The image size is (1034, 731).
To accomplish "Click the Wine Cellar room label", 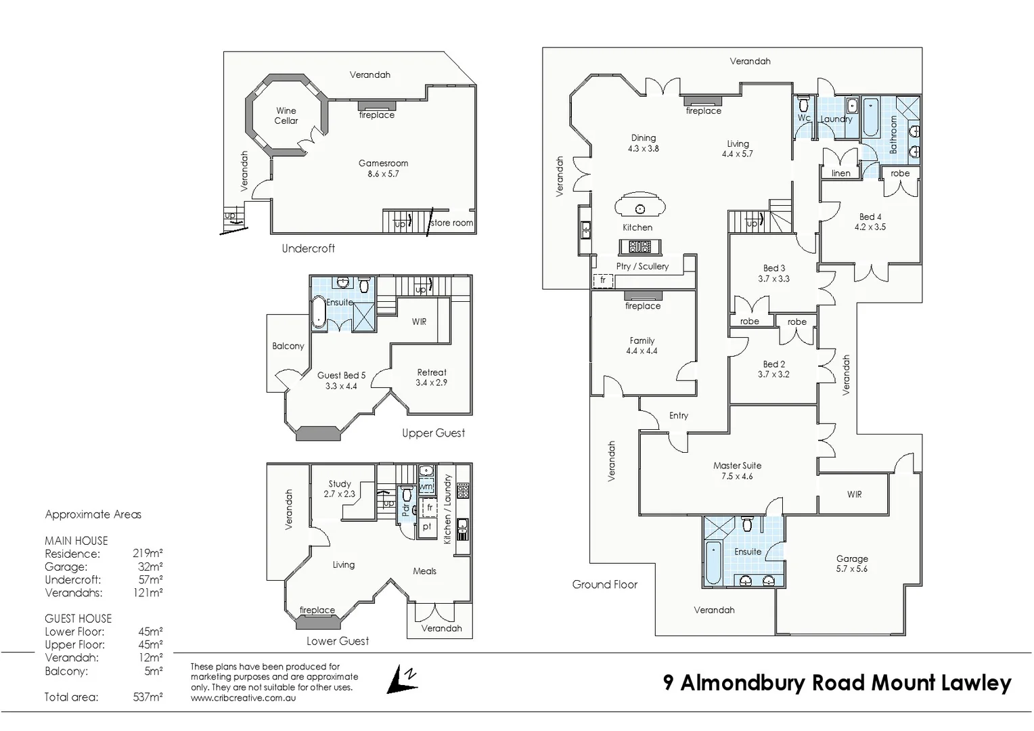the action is pos(286,116).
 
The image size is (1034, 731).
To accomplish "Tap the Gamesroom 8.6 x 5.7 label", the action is pos(383,169).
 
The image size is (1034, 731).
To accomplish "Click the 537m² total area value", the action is pos(148,696).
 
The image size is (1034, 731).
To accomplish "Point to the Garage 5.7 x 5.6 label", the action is pos(852,564).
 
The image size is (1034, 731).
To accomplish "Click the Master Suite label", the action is pos(737,466).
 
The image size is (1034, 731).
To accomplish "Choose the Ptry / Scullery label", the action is pos(642,267).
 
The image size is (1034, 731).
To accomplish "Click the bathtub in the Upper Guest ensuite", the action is pos(319,311).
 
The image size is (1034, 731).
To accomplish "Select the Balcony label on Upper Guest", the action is pos(288,346).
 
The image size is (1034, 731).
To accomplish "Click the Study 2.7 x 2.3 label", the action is pos(339,489).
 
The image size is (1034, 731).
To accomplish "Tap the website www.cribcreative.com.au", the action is pos(243,698).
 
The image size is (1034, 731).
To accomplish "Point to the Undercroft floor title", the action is pos(309,248).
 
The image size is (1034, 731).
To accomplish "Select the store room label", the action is pos(452,223).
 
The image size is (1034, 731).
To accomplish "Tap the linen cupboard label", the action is pos(840,173).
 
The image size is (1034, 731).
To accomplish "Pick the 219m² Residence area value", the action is pos(148,553).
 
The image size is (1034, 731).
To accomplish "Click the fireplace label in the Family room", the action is pos(643,306).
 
